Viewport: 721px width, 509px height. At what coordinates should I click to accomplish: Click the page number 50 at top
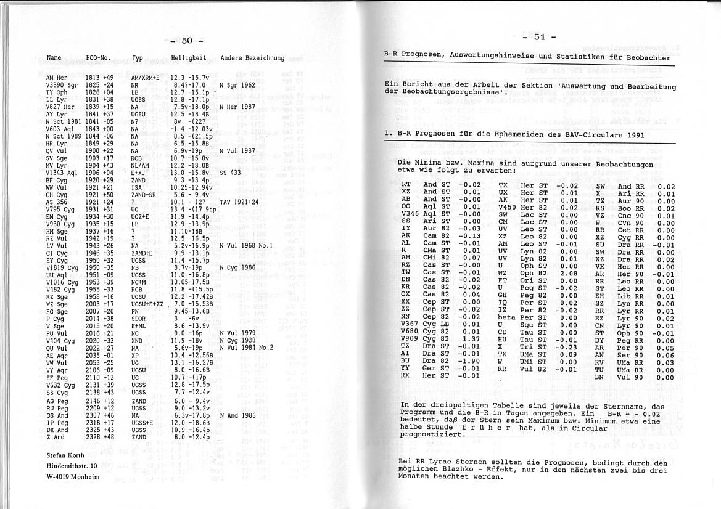coord(187,41)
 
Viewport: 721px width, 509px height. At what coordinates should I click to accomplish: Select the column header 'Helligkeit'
coord(188,58)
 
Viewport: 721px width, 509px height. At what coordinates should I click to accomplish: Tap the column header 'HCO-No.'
coord(98,58)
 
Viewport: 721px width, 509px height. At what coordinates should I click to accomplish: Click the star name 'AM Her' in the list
coord(57,78)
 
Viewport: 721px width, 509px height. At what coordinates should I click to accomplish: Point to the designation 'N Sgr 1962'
coord(237,84)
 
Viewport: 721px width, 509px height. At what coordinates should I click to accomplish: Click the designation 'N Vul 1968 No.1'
coord(245,245)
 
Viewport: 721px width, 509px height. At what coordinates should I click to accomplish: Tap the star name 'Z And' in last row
coord(55,437)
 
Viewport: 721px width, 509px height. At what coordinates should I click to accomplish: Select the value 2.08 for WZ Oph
coord(568,273)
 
